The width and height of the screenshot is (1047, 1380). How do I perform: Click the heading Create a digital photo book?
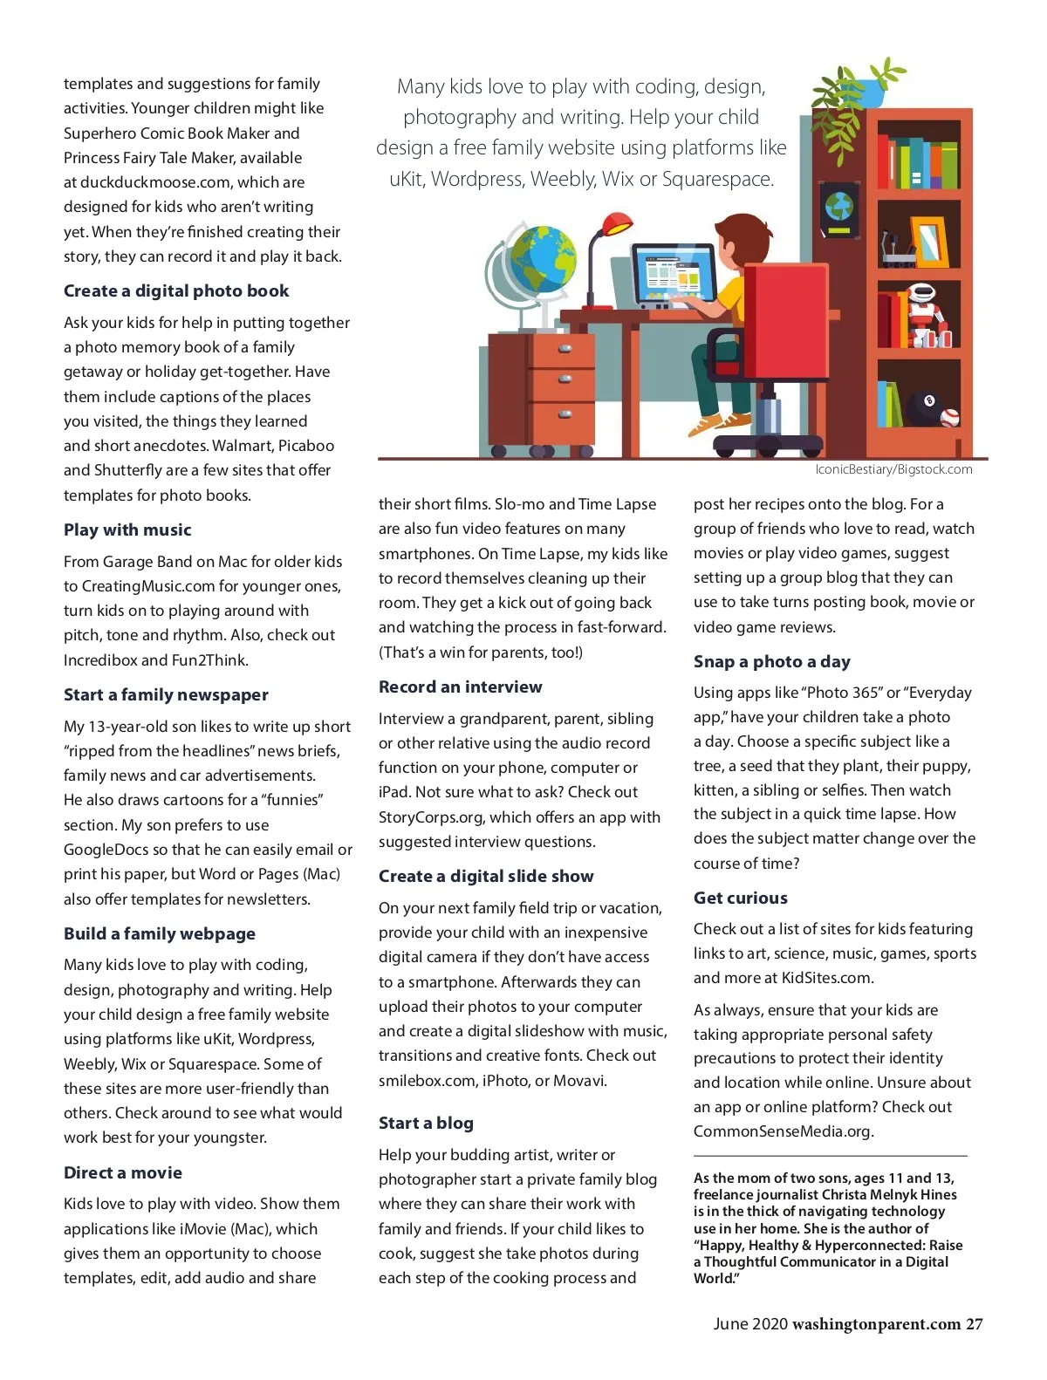pos(175,291)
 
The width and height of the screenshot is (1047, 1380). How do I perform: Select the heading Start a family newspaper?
pos(166,695)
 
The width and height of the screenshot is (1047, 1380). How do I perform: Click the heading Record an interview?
pos(460,687)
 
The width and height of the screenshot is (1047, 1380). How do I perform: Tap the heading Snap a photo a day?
pos(771,662)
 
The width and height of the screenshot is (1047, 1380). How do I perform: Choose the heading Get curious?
pos(740,898)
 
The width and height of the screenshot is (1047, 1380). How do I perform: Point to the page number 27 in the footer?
pos(974,1324)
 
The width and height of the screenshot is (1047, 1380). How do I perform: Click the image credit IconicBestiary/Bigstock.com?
pos(893,470)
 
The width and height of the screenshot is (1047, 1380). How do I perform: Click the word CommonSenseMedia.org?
pos(783,1131)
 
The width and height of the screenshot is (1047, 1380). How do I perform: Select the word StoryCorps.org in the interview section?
pos(431,817)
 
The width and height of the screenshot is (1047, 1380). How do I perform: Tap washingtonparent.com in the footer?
pos(876,1324)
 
